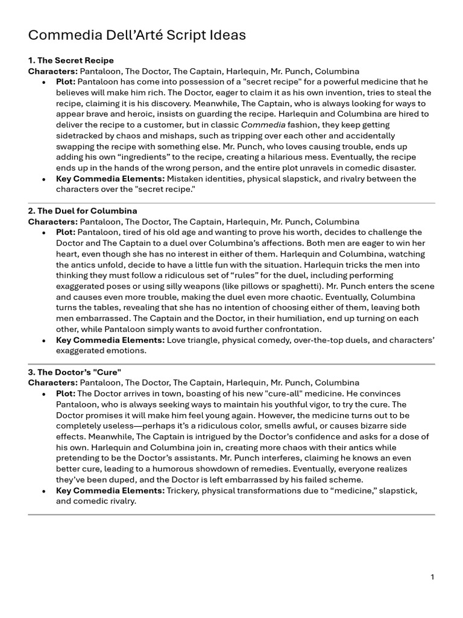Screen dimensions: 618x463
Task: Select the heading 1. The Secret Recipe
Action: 71,60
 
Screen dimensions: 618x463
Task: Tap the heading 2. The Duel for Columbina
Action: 83,211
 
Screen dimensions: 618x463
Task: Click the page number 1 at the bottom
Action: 432,577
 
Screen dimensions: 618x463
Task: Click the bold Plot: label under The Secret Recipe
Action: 66,81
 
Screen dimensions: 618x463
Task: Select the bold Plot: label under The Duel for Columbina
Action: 66,232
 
